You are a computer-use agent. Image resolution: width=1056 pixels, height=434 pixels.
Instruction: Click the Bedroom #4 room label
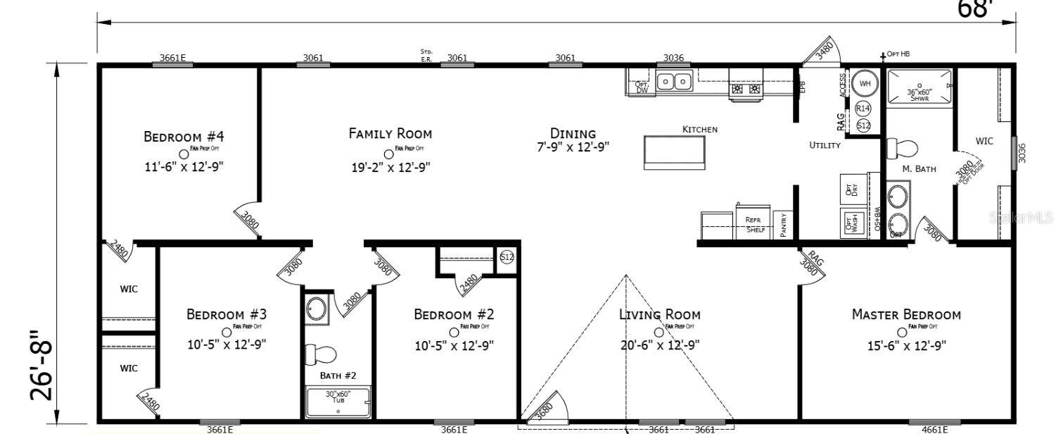184,136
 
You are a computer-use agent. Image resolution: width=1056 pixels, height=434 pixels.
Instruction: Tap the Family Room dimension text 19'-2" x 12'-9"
390,167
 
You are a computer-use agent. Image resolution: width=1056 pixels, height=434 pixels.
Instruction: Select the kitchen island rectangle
674,151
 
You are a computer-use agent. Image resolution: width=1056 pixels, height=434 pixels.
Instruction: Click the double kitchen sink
674,82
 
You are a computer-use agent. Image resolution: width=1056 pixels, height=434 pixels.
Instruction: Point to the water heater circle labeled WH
865,84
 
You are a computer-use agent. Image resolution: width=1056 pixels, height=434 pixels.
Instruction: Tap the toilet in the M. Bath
902,149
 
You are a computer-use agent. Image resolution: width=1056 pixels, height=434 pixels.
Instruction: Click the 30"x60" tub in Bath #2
338,402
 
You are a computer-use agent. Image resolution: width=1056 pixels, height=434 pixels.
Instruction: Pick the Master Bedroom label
906,314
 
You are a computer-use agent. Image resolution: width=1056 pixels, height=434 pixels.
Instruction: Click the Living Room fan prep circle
659,332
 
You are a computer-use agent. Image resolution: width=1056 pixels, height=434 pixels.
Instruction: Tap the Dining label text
573,133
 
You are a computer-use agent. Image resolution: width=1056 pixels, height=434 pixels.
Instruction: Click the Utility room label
825,145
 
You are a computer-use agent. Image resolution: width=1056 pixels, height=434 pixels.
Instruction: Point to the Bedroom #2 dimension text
454,345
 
